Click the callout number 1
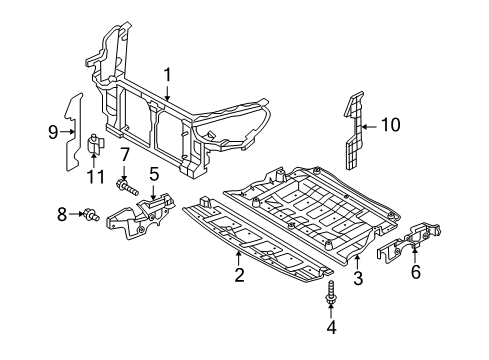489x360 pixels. tap(167, 75)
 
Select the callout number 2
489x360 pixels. tap(239, 275)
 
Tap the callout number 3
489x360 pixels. tap(358, 278)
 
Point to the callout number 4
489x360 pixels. tap(331, 327)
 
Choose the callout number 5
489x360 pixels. tap(154, 174)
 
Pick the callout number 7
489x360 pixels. tap(124, 155)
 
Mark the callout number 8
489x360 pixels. tap(62, 214)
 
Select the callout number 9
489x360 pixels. tap(53, 132)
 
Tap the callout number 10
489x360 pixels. tap(391, 125)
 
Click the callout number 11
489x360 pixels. tap(96, 177)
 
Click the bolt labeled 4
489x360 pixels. tap(330, 292)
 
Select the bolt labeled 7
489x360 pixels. tap(127, 187)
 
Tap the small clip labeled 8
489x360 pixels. tap(91, 214)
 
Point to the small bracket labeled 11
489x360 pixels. tap(96, 143)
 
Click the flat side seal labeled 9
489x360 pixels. tap(73, 132)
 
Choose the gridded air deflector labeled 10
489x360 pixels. tap(354, 131)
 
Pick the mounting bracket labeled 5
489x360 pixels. tap(142, 216)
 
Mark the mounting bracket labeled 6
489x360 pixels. tap(409, 240)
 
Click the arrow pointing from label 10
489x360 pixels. tap(370, 127)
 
